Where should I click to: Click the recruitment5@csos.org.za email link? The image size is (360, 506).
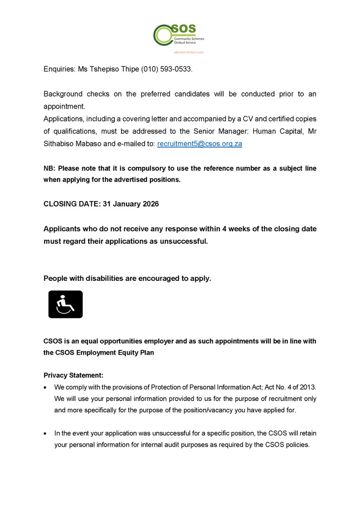(200, 144)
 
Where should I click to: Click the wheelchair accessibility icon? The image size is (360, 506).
(65, 304)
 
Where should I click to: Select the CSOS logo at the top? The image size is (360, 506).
(177, 35)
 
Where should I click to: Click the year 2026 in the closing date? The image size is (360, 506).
(150, 204)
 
